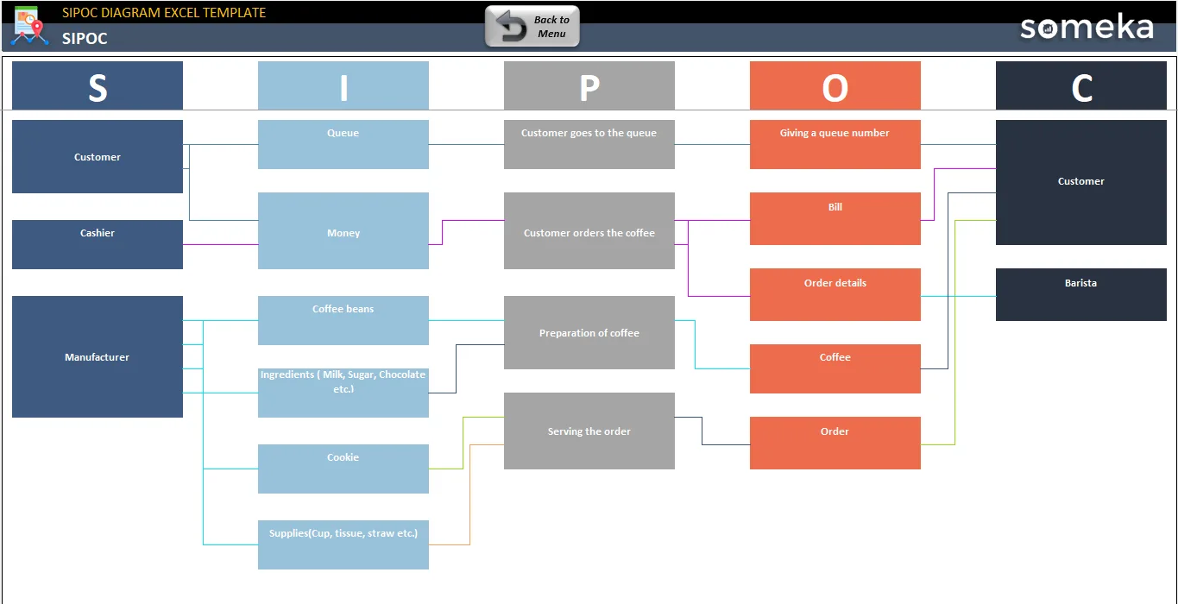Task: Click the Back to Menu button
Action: pos(532,26)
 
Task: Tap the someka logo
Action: pos(1087,27)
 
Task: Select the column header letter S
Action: pos(98,87)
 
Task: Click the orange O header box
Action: pos(835,85)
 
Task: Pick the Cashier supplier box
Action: pos(98,244)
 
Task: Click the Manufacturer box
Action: pos(98,357)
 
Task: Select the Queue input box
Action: pos(343,145)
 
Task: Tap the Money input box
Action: pos(343,230)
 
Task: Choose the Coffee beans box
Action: pos(343,321)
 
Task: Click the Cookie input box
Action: pos(343,469)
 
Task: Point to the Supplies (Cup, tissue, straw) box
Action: pos(343,544)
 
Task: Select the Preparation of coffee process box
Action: pos(589,333)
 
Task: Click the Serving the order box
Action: pos(589,431)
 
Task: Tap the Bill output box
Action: pos(835,218)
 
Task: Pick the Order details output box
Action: pos(835,295)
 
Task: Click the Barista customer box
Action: pos(1081,295)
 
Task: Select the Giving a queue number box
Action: pos(835,145)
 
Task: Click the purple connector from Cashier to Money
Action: pos(220,244)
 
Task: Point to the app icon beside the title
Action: pos(29,26)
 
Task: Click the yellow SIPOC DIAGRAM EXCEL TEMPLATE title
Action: pos(164,13)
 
